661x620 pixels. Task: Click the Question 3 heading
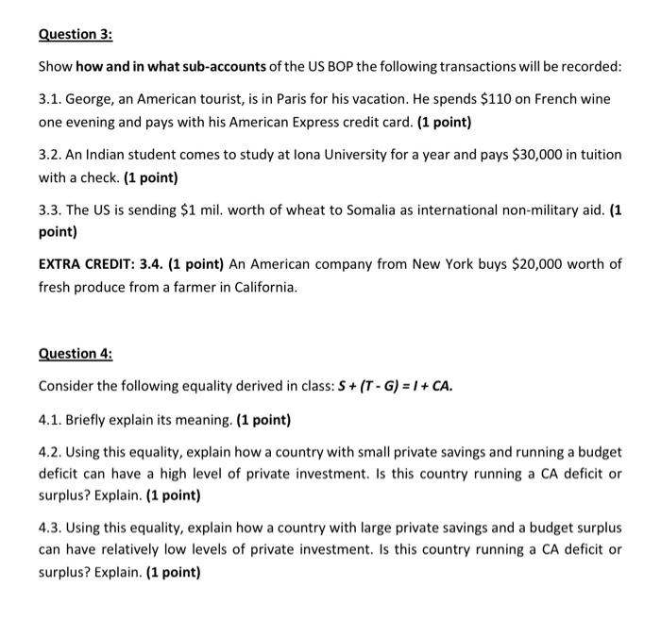[x=75, y=34]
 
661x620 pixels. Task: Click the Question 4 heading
[x=75, y=354]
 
